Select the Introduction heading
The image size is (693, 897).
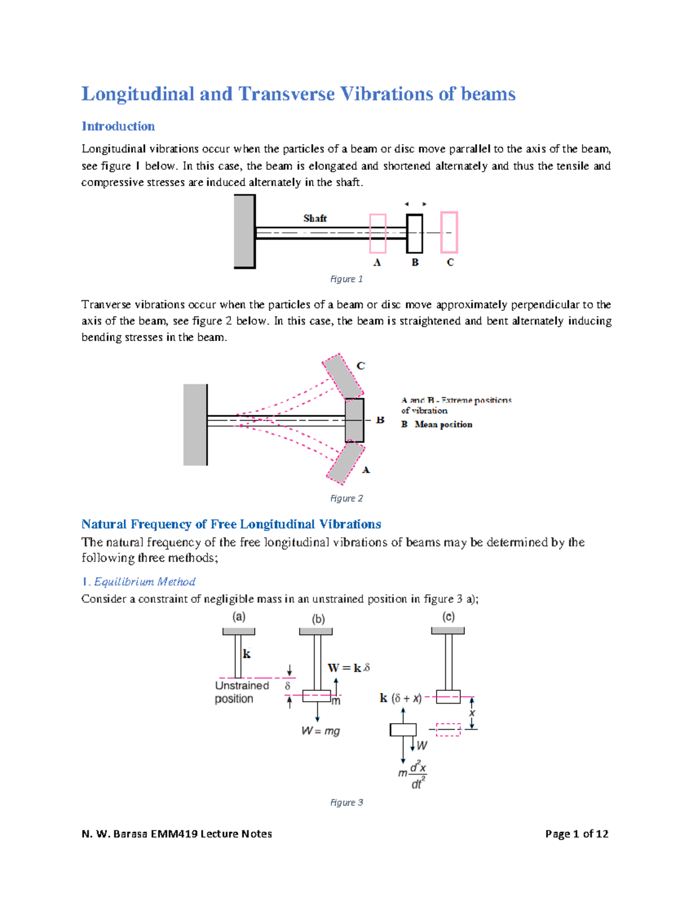tap(118, 126)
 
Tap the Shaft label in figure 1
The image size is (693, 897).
tap(315, 218)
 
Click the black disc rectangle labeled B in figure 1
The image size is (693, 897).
tap(415, 233)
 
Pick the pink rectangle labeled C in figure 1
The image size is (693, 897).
tap(449, 232)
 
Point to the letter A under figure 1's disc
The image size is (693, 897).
tap(377, 263)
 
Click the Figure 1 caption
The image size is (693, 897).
tap(346, 279)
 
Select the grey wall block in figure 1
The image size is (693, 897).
tap(245, 231)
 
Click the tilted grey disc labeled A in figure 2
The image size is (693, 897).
tap(344, 463)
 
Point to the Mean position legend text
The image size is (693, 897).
tap(443, 425)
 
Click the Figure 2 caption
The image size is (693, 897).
tap(346, 498)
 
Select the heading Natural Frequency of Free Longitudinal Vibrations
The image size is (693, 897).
tap(231, 524)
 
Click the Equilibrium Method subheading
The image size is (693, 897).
tap(144, 582)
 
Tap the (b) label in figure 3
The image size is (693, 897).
tap(318, 619)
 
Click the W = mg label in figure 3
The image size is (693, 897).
tap(321, 731)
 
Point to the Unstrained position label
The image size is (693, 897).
tap(241, 692)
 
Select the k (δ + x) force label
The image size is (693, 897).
tap(401, 698)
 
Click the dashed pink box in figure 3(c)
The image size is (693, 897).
tap(448, 729)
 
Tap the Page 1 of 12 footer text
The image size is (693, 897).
tap(576, 833)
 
